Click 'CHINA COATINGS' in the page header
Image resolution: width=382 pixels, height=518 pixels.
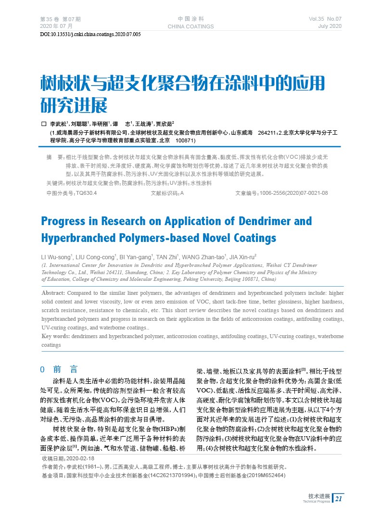pos(191,26)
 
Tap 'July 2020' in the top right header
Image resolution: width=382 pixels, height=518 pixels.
pos(330,26)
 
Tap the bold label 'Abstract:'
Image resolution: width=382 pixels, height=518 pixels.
pos(53,293)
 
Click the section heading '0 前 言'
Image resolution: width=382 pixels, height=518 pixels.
pos(59,369)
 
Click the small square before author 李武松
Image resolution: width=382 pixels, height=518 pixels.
pos(44,124)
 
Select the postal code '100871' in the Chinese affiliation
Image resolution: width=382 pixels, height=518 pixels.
pos(185,141)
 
